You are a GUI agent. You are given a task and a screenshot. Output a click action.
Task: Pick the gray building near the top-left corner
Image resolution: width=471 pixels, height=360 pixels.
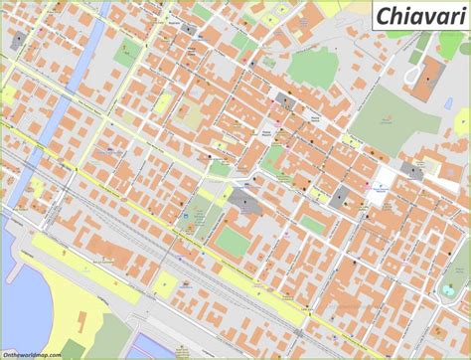click(18, 41)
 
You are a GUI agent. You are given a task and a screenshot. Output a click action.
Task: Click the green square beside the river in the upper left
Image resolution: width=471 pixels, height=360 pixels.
click(125, 55)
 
